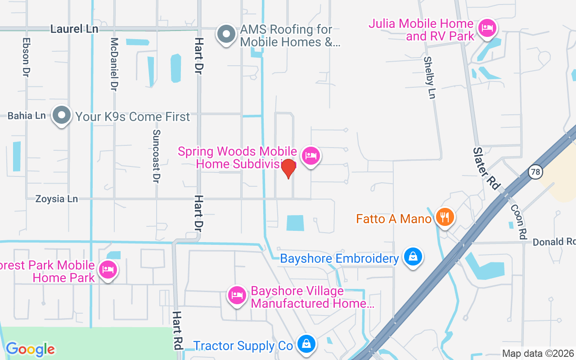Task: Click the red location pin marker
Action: click(288, 169)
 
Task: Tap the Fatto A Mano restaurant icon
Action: click(445, 218)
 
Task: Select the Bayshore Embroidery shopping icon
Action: click(412, 257)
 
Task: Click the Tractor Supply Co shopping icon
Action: click(306, 345)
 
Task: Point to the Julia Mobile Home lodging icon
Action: click(486, 28)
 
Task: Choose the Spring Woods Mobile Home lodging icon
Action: click(310, 156)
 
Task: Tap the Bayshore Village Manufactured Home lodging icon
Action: click(237, 295)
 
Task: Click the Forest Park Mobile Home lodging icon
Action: click(108, 270)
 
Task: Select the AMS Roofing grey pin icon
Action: click(226, 34)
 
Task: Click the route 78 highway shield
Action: click(535, 171)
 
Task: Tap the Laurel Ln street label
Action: click(74, 29)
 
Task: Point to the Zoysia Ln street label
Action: click(57, 199)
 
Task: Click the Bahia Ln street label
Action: click(27, 116)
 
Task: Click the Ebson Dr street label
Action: click(25, 56)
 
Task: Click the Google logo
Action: click(31, 349)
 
